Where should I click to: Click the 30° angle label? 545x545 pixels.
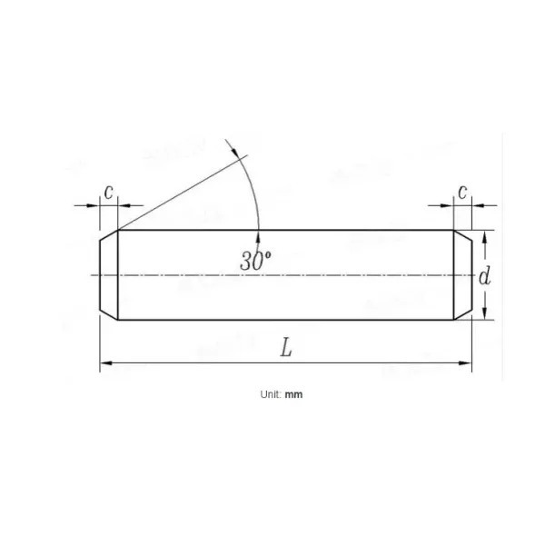pos(255,259)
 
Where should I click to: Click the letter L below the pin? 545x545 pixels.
pos(285,349)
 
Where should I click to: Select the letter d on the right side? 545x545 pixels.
pos(486,275)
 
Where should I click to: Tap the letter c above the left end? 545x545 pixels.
pos(108,192)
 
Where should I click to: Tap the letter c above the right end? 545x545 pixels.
pos(462,192)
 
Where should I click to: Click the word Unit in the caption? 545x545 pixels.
pos(270,395)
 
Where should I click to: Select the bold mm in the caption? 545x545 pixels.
pos(293,395)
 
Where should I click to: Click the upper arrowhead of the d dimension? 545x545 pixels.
pos(486,236)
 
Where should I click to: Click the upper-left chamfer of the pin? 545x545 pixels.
pos(109,236)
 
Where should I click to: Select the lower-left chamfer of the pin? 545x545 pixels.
pos(109,313)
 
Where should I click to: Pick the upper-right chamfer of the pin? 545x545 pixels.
pos(462,236)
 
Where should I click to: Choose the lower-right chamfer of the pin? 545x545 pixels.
pos(462,313)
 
